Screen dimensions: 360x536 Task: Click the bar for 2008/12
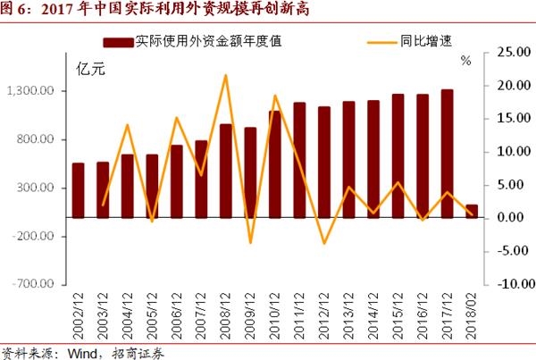(x=225, y=170)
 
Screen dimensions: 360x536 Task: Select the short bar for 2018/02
(x=471, y=211)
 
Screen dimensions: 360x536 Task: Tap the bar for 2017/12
(x=447, y=153)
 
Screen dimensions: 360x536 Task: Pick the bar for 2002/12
(x=79, y=189)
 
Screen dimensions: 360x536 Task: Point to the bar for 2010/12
(x=274, y=163)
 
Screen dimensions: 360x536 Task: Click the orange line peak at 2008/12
(x=225, y=75)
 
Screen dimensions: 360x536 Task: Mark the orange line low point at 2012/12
(x=324, y=243)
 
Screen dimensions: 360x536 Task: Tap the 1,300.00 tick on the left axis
(x=31, y=91)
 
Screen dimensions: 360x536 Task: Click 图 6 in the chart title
(x=16, y=11)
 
